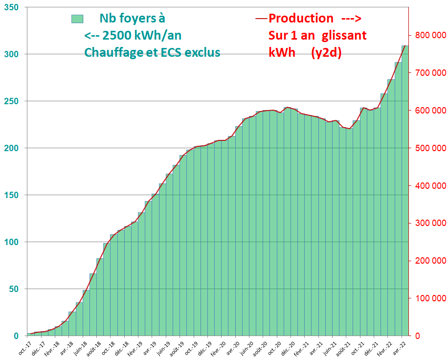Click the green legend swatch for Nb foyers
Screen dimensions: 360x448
coord(77,19)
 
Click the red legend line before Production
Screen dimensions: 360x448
coord(261,19)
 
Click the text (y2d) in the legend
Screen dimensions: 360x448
coord(326,52)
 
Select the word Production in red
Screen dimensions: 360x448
coord(301,19)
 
